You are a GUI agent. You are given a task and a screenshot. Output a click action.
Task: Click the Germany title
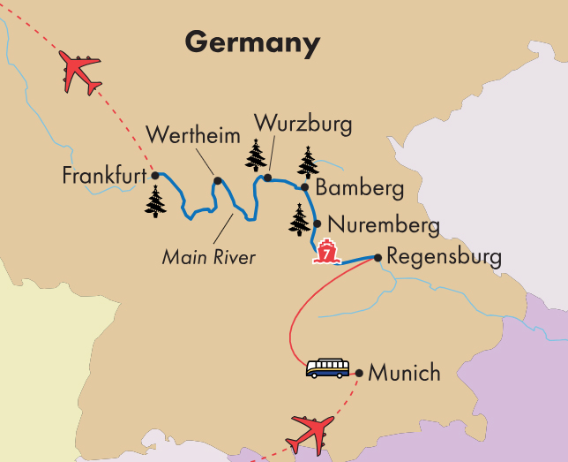[251, 42]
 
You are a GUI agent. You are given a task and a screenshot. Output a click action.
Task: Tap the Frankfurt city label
[103, 177]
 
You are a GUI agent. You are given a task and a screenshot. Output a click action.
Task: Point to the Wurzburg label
[303, 124]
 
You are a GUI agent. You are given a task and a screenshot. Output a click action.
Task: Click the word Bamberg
[359, 188]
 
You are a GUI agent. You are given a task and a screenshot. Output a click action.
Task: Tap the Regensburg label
[444, 258]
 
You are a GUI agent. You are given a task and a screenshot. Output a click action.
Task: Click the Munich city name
[404, 373]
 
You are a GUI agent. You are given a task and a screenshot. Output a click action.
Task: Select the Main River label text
[208, 258]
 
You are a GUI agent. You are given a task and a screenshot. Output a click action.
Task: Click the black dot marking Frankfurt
[154, 175]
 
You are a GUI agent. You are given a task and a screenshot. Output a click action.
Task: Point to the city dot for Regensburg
[377, 257]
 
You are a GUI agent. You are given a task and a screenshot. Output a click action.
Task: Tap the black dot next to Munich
[358, 372]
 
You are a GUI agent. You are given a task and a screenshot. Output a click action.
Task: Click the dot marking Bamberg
[304, 186]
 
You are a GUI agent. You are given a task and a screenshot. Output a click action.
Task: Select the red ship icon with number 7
[327, 251]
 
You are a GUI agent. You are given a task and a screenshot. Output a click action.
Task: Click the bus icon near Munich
[327, 368]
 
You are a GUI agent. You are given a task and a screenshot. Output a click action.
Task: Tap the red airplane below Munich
[310, 433]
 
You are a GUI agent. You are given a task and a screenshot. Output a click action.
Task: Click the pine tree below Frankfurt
[156, 201]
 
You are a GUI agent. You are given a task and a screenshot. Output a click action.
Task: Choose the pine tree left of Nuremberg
[300, 219]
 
